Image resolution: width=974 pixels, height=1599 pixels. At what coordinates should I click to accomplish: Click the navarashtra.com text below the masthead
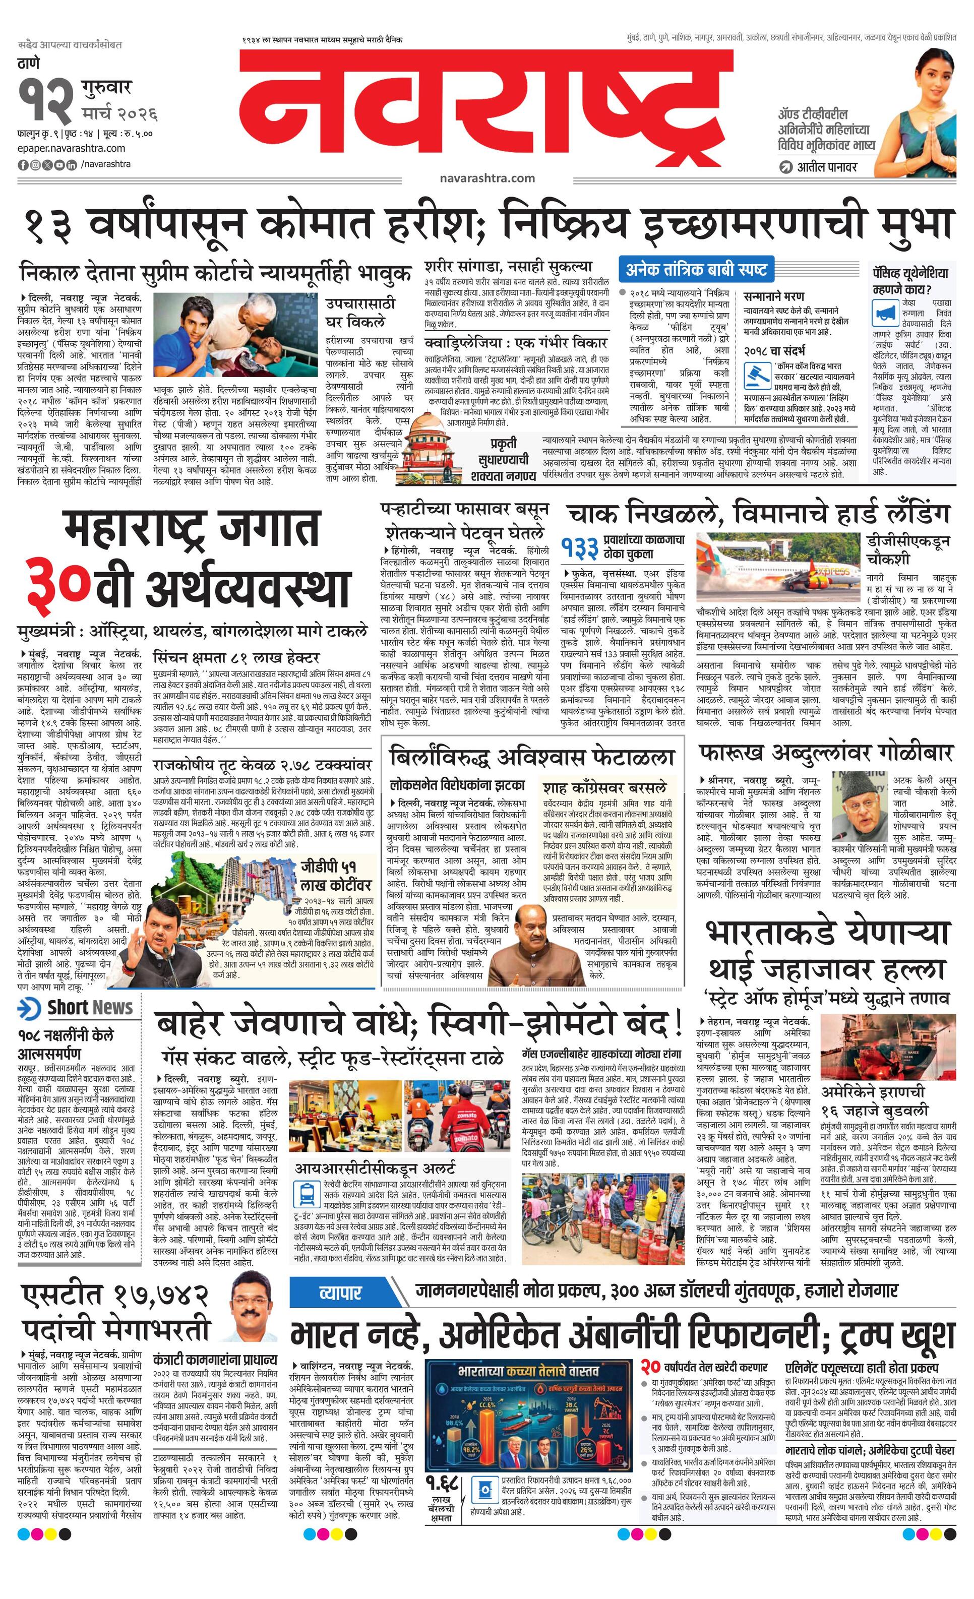[x=486, y=178]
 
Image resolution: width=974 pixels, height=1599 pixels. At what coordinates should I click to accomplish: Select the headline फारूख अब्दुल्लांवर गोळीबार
[x=825, y=753]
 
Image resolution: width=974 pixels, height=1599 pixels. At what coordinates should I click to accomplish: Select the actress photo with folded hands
[x=925, y=113]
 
